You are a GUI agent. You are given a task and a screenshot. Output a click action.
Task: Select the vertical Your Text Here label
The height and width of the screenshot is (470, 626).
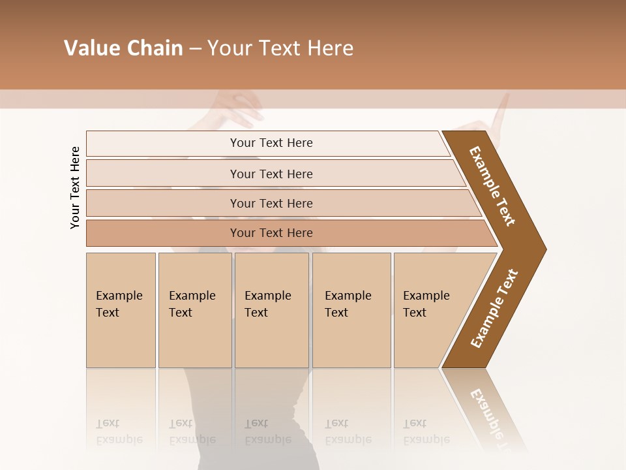point(75,187)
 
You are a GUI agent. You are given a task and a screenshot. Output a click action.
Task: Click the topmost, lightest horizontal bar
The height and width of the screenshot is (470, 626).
point(271,143)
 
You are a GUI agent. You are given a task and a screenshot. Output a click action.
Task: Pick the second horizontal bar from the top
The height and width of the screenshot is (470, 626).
point(271,174)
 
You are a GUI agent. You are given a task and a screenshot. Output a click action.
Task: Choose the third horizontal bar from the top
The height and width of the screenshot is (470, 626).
point(271,203)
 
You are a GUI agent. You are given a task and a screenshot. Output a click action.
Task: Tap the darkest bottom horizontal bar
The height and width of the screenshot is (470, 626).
point(271,232)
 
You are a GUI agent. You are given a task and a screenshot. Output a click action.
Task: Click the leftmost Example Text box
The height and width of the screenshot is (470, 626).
point(121,310)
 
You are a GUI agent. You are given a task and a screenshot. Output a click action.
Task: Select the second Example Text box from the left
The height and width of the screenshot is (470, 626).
point(195,310)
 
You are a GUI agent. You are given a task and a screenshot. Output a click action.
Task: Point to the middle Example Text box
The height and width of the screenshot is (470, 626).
point(271,310)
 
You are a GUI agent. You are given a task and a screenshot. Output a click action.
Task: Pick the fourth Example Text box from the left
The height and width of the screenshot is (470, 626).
point(351,310)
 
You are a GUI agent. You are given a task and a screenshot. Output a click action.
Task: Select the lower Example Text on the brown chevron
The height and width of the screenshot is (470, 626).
point(494,309)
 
